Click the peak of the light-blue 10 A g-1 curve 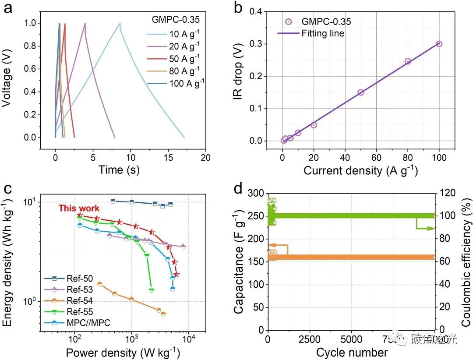119,24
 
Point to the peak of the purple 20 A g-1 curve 85,24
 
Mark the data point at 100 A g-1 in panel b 439,44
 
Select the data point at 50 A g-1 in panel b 361,92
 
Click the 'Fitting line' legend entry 322,33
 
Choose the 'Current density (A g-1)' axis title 360,170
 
